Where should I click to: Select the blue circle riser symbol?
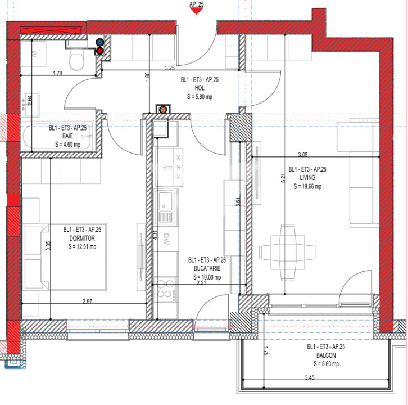(x=100, y=42)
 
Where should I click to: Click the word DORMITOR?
(x=82, y=238)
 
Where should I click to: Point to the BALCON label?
(x=323, y=355)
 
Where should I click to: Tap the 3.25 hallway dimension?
(x=170, y=67)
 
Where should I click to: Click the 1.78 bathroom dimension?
(x=57, y=73)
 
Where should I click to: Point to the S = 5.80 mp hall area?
(x=200, y=96)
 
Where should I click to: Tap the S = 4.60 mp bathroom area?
(x=68, y=145)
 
